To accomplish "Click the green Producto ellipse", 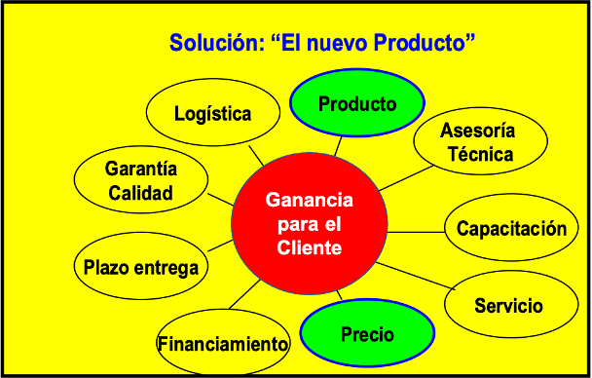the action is pos(357,102).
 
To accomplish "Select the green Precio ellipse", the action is pos(367,333).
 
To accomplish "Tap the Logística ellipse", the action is pos(213,112).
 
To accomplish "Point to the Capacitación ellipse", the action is pos(511,227).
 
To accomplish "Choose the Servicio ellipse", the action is pos(511,304).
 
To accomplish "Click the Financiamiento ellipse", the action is pos(224,343).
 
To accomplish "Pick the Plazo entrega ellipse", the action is pos(141,266).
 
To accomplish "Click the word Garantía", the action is pos(141,169).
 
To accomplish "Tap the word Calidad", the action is pos(140,193).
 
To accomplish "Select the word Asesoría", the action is pos(478,131).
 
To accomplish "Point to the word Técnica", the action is pos(481,154).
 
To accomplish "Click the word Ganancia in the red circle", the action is pos(310,200).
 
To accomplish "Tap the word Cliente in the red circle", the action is pos(310,247).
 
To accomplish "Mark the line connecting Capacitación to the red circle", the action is pos(416,232).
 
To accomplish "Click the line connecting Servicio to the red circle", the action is pos(416,276).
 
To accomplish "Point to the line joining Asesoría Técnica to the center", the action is pos(406,178).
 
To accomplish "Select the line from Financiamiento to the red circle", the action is pos(244,294).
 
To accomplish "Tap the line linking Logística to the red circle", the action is pos(256,156).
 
